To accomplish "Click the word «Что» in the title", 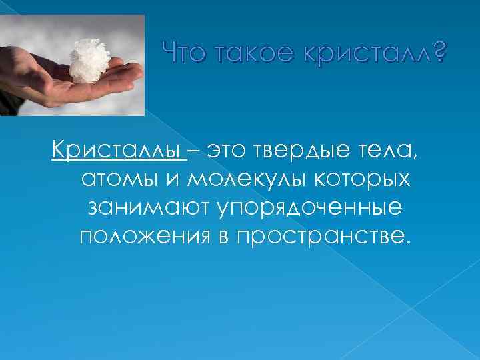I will click(x=186, y=51).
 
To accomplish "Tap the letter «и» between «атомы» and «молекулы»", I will click(x=175, y=179).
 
